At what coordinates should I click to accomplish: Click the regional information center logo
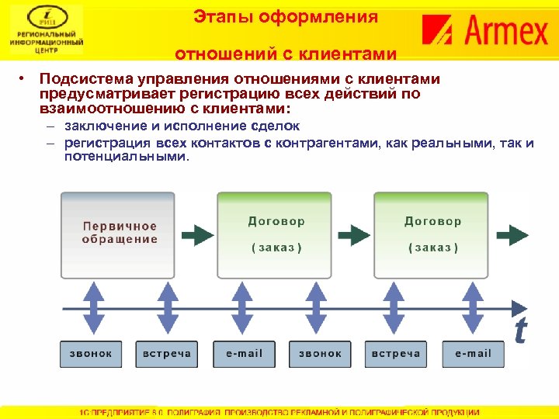point(47,31)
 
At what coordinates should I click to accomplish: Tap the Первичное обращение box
point(120,233)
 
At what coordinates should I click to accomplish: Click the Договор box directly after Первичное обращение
point(276,233)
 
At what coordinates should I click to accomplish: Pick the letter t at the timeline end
point(519,330)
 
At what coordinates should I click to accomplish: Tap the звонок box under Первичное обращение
point(91,353)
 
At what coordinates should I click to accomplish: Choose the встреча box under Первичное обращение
point(167,353)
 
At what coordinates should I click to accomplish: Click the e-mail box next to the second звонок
point(244,353)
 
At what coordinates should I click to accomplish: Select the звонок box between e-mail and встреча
point(320,353)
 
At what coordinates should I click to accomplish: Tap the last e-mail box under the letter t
point(473,353)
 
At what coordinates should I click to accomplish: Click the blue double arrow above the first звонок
point(92,306)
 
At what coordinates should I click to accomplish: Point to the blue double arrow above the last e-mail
point(473,306)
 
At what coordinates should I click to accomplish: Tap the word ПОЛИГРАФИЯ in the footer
point(207,413)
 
